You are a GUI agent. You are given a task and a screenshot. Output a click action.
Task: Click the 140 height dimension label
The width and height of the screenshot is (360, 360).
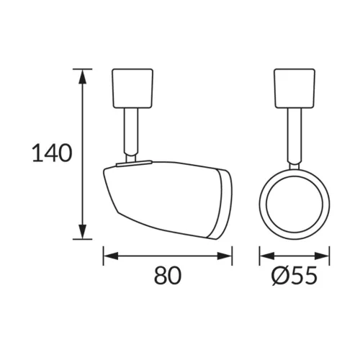point(52,153)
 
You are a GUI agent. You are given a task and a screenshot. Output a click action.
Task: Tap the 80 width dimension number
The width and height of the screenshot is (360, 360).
point(168,276)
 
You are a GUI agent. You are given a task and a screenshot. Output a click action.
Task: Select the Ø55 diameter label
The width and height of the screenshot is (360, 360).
point(294,276)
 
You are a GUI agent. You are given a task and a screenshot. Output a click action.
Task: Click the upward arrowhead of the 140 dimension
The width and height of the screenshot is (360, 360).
point(83,77)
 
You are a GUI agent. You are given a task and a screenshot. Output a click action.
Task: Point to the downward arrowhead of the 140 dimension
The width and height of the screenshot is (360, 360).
point(83,232)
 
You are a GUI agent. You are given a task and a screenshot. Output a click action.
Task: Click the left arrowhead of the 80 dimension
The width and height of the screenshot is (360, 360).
point(111,256)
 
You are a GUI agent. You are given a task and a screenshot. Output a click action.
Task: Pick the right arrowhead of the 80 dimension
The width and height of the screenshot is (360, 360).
point(225,256)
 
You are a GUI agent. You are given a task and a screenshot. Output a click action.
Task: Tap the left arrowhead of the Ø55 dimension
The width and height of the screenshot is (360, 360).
point(267,256)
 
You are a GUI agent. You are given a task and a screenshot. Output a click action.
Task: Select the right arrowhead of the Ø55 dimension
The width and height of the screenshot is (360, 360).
point(322,256)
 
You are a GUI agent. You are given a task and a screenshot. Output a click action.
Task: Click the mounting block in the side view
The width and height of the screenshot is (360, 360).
point(132,88)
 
